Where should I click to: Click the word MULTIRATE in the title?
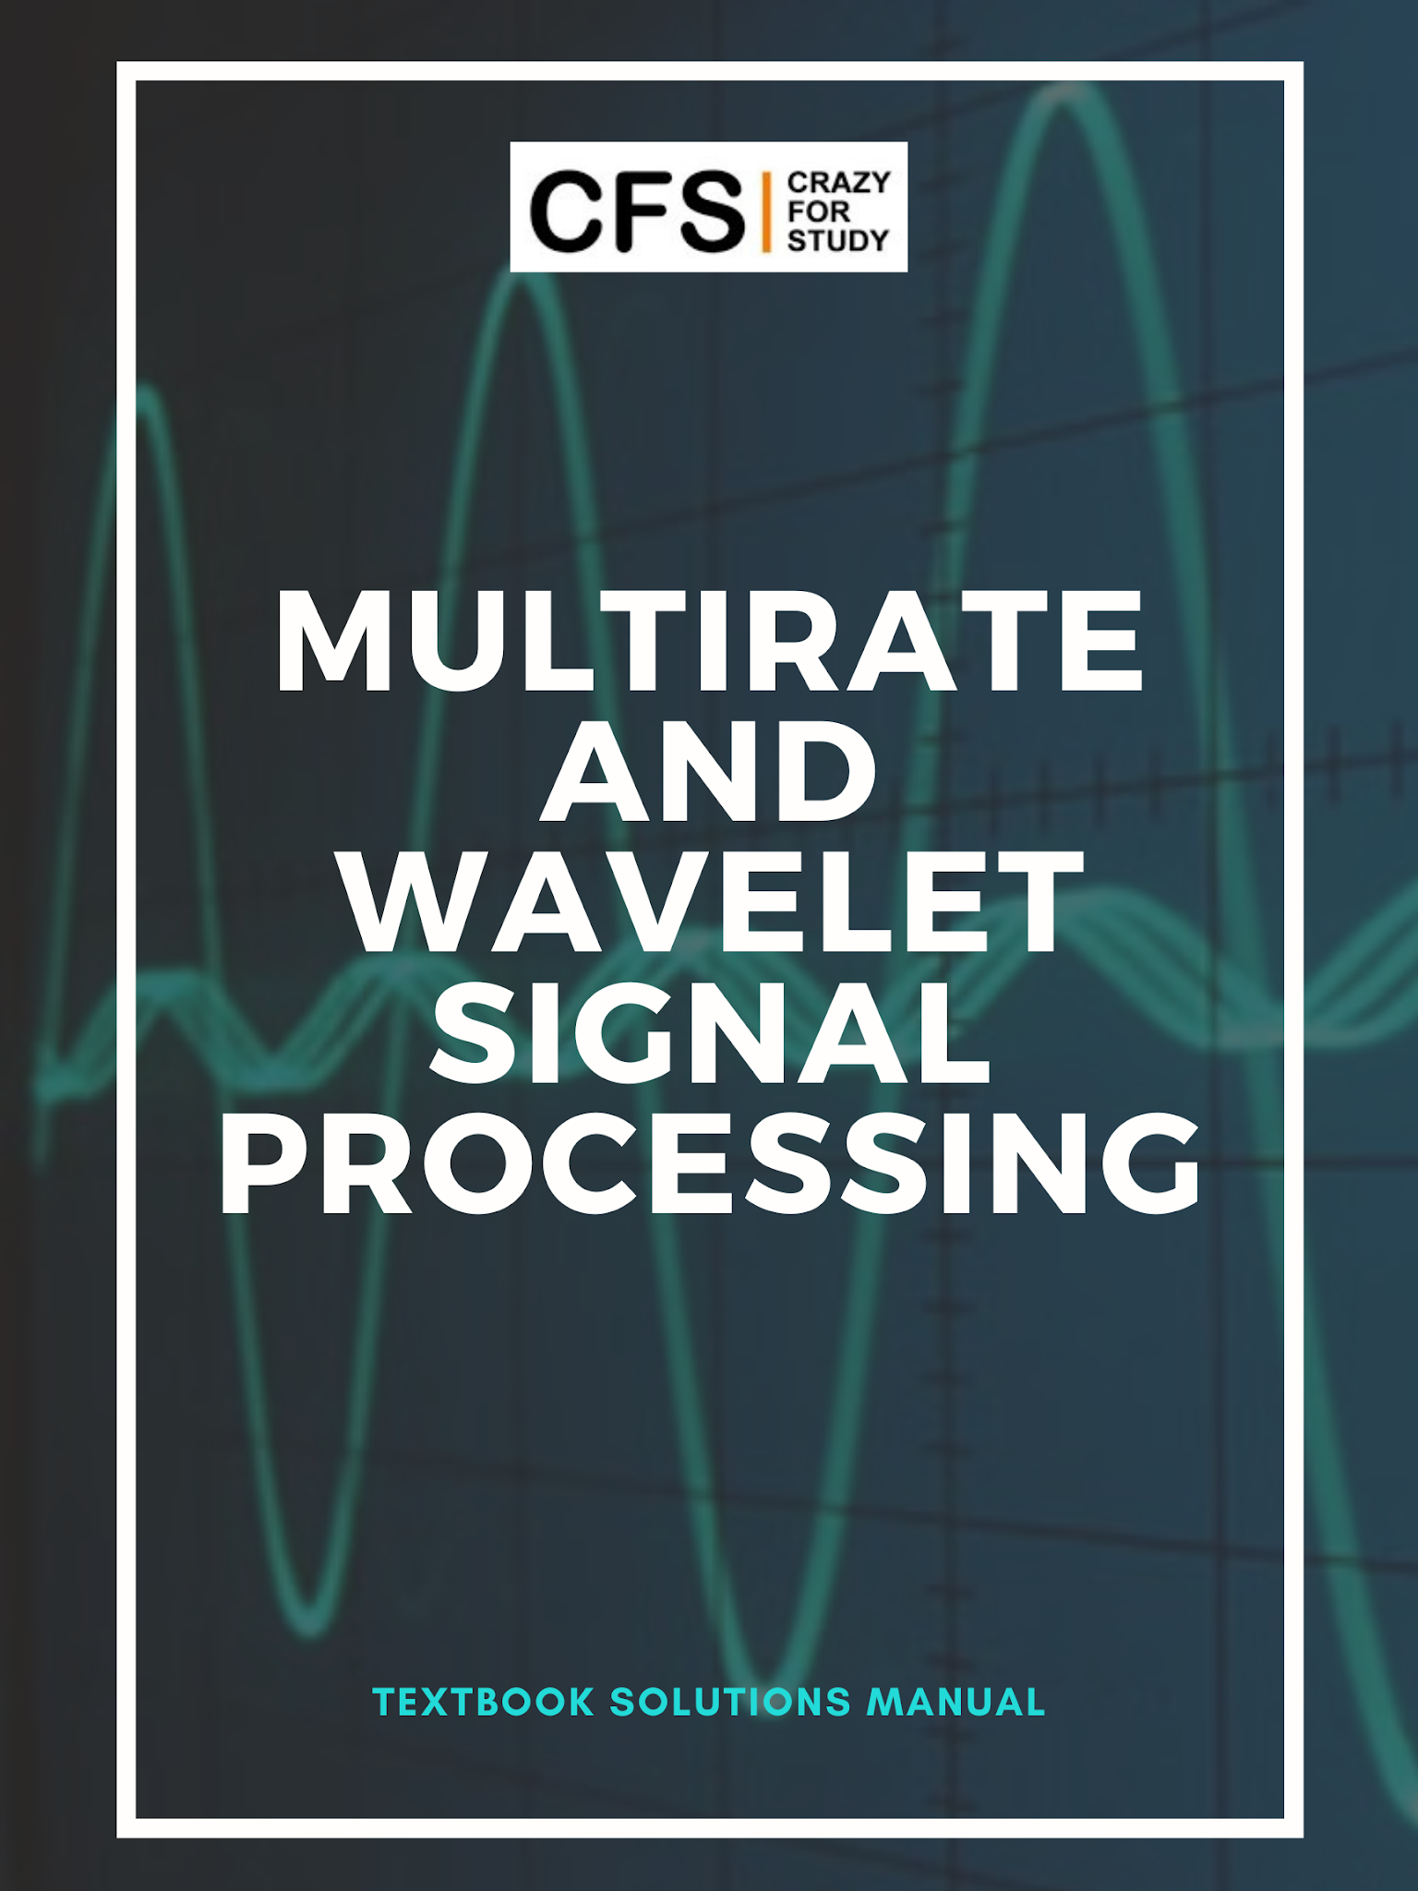709,641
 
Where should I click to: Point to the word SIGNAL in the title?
709,1033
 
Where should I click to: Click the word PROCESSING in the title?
709,1163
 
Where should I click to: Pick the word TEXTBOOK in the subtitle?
483,1703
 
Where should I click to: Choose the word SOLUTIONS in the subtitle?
729,1703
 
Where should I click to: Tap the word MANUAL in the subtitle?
955,1703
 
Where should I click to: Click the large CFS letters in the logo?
637,211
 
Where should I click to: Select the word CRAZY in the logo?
838,183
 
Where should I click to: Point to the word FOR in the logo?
818,211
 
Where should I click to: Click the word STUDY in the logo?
837,241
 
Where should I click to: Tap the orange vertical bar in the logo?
766,211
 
